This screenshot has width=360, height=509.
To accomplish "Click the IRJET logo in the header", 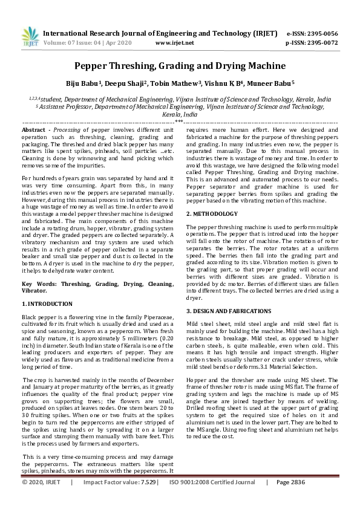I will point(27,37).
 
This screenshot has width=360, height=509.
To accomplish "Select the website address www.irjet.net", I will point(174,44).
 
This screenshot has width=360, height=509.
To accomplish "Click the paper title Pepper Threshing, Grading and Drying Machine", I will point(180,65).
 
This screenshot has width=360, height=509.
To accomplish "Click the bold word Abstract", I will point(33,130).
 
